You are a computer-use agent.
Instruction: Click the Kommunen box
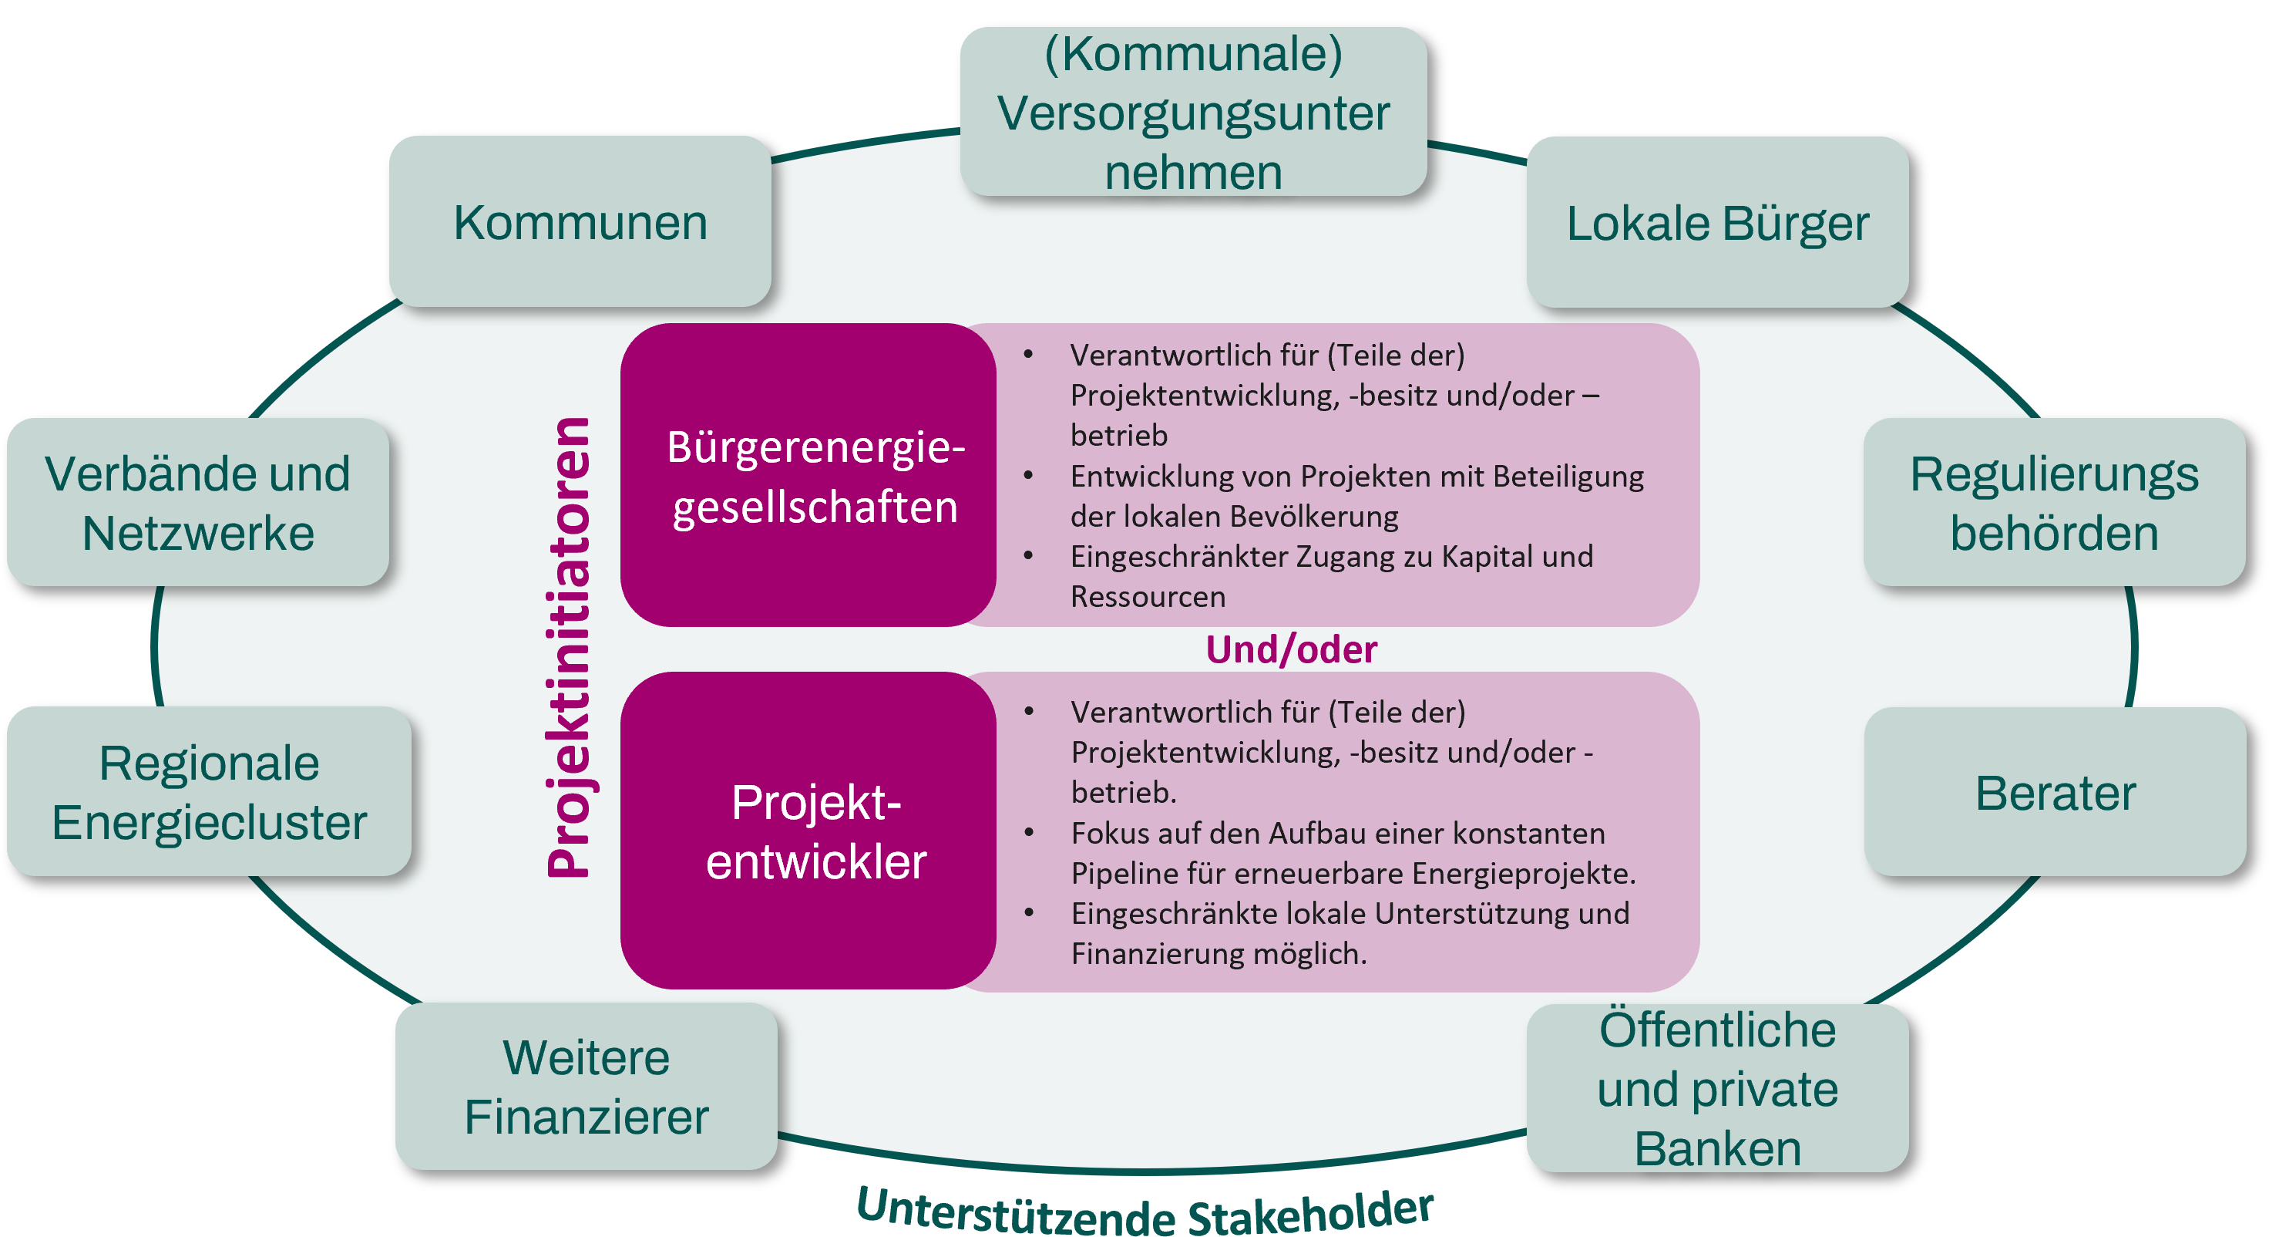point(580,222)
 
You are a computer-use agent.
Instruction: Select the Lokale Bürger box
point(1716,223)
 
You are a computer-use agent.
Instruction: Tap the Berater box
point(2054,792)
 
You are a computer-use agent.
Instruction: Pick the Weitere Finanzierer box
point(586,1087)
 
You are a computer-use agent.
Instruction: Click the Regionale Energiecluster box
point(209,791)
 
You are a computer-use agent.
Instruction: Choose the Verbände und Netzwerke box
point(197,502)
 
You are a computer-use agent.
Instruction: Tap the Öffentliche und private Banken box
point(1716,1088)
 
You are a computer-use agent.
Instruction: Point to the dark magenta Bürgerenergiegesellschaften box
point(808,476)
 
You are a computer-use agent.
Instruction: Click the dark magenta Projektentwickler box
point(808,830)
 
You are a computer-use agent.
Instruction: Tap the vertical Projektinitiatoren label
point(569,648)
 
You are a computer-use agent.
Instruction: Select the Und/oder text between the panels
point(1290,649)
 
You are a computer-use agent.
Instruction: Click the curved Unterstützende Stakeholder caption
point(1145,1212)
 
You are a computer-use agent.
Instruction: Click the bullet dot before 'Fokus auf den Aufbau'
point(1029,833)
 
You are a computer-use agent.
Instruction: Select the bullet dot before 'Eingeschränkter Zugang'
point(1028,556)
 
